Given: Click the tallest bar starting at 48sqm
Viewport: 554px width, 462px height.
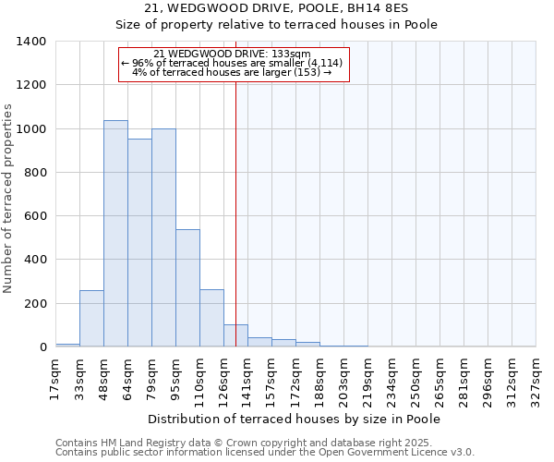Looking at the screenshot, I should [115, 234].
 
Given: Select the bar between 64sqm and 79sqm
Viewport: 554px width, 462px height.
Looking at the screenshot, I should [139, 243].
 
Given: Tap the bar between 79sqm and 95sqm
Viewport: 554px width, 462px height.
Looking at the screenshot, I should [163, 237].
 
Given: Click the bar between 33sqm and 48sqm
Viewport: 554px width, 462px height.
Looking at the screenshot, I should [91, 319].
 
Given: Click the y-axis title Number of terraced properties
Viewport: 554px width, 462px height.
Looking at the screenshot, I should [9, 199].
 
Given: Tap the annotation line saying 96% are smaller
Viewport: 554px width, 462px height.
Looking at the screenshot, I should [234, 63].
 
